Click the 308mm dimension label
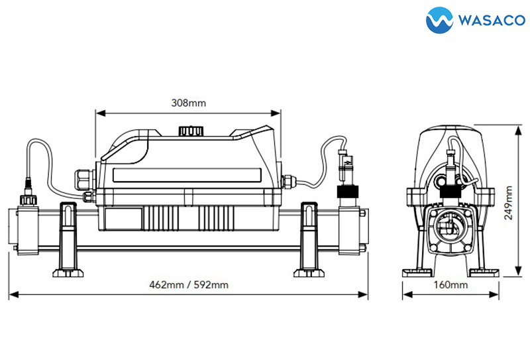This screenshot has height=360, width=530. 188,103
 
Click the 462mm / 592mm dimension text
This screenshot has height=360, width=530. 189,284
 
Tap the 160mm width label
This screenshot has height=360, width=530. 450,284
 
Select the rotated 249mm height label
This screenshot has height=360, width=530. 508,202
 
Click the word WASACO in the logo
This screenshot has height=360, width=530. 492,20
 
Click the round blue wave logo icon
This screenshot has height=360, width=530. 439,21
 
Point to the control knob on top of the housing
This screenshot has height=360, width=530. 191,131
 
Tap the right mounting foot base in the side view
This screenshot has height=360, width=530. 309,272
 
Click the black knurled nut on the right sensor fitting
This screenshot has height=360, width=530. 348,192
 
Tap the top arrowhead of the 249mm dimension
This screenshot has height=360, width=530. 518,130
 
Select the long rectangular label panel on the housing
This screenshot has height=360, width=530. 187,175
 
